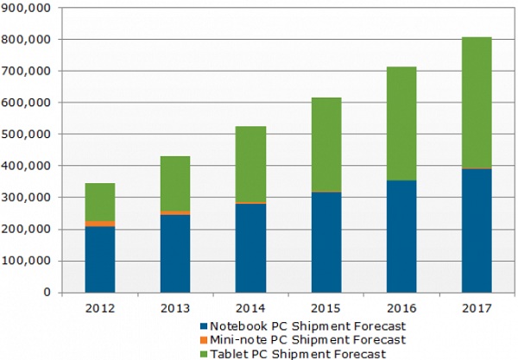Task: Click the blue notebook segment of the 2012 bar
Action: tap(100, 259)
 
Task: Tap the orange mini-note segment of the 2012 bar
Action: tap(100, 224)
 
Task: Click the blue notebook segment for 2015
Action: tap(325, 242)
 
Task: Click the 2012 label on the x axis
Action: tap(100, 306)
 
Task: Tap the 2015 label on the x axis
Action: tap(325, 306)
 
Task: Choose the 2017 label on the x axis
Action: tap(476, 306)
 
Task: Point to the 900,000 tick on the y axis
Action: tap(31, 8)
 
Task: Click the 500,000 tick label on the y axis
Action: tap(31, 134)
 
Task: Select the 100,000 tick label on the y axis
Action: tap(31, 261)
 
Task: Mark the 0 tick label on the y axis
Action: tap(47, 293)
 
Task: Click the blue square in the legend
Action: tap(204, 326)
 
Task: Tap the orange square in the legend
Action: tap(204, 339)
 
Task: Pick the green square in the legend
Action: tap(204, 352)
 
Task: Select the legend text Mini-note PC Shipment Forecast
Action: tap(293, 339)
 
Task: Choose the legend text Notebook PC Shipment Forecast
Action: tap(293, 326)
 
